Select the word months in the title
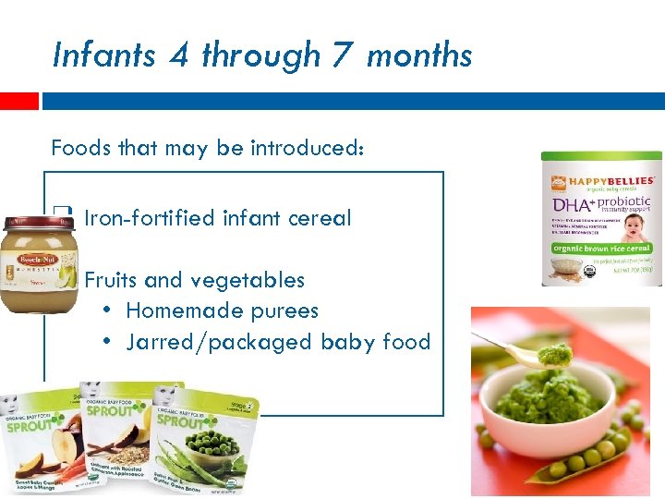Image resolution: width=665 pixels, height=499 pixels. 419,56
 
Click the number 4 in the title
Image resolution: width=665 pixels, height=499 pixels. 178,55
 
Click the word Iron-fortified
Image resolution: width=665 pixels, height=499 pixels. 150,218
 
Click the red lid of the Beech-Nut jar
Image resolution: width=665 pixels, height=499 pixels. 36,223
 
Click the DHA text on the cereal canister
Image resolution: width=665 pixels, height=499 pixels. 571,203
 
